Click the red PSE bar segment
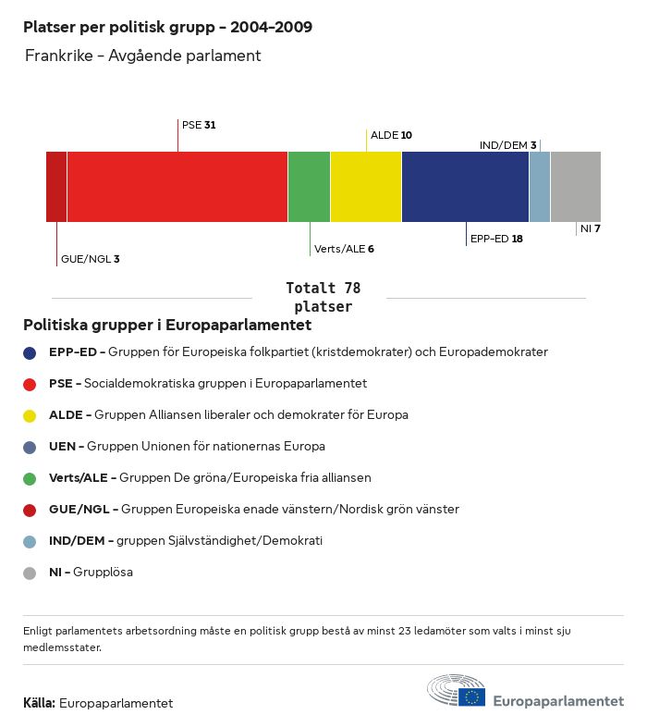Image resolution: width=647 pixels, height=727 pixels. (x=177, y=187)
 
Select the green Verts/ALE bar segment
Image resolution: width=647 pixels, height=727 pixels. (x=309, y=187)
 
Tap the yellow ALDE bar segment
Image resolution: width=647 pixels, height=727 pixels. (x=366, y=187)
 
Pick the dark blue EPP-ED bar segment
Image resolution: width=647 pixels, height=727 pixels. (x=465, y=187)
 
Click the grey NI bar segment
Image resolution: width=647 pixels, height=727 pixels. (x=575, y=187)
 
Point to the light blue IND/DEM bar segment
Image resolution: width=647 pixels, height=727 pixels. (x=540, y=187)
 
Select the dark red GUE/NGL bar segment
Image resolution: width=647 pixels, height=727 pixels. (x=56, y=187)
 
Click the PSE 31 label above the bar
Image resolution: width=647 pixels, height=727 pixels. (x=199, y=124)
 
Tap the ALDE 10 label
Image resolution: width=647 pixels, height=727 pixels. (x=391, y=135)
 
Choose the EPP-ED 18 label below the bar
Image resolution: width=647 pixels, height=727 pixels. (x=496, y=239)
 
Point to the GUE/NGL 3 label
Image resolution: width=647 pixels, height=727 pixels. (x=90, y=259)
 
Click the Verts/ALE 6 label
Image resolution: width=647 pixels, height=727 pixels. (x=344, y=249)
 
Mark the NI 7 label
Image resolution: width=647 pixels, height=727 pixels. (x=591, y=228)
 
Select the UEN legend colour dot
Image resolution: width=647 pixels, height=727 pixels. (x=30, y=447)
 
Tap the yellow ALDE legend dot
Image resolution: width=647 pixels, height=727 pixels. (x=30, y=415)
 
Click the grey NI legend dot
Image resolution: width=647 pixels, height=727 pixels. (x=30, y=573)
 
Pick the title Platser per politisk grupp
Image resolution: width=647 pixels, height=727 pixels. (x=167, y=27)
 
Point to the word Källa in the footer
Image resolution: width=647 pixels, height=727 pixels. (x=39, y=703)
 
